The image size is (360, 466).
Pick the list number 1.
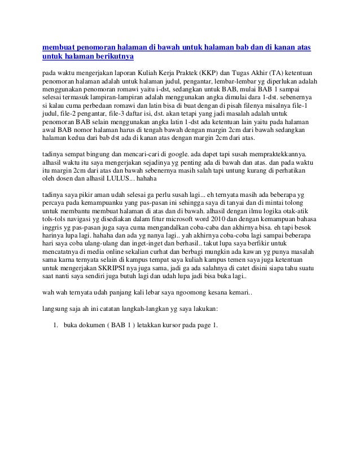click(56, 326)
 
